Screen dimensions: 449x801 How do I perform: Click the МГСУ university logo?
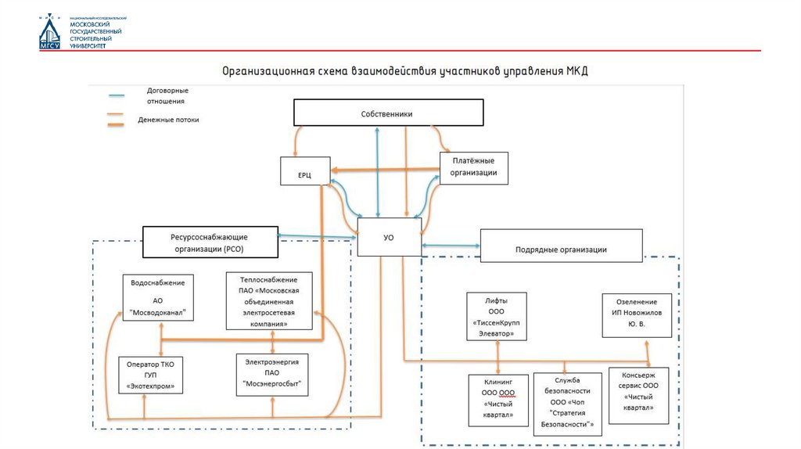pyautogui.click(x=50, y=32)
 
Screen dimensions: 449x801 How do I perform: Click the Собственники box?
pyautogui.click(x=386, y=113)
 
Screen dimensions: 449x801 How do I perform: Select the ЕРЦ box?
pyautogui.click(x=305, y=174)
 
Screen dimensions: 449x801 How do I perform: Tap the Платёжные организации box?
pyautogui.click(x=474, y=168)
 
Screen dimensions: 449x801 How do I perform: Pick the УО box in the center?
pyautogui.click(x=389, y=237)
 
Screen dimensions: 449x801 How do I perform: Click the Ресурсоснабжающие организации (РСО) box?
pyautogui.click(x=210, y=242)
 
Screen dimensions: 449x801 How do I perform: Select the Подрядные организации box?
pyautogui.click(x=561, y=246)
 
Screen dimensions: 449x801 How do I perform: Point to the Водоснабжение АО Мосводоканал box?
pyautogui.click(x=158, y=297)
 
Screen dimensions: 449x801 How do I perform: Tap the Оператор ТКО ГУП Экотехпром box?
pyautogui.click(x=150, y=375)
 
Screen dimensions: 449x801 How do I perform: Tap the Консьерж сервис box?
pyautogui.click(x=638, y=396)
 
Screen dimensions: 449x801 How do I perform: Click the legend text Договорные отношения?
pyautogui.click(x=167, y=95)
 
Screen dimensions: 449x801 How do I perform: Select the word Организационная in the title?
pyautogui.click(x=264, y=70)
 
